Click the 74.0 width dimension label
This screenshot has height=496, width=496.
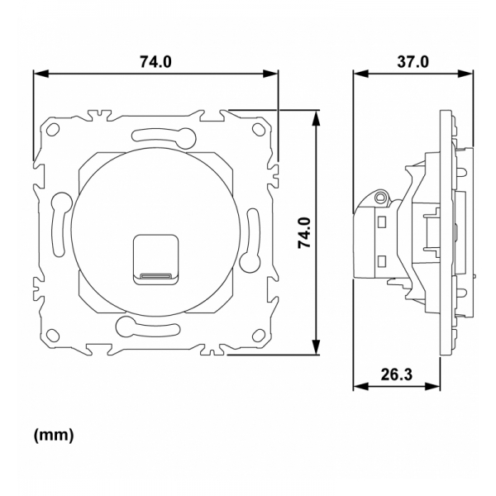(155, 62)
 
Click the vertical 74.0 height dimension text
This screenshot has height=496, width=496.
(303, 234)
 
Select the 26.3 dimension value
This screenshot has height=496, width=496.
(396, 374)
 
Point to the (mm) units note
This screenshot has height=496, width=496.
(54, 435)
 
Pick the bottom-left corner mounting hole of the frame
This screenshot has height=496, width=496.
(55, 336)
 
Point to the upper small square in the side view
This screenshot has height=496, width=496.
(382, 222)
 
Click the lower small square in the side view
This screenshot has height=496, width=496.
(382, 262)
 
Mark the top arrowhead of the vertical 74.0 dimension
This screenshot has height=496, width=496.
(316, 116)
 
